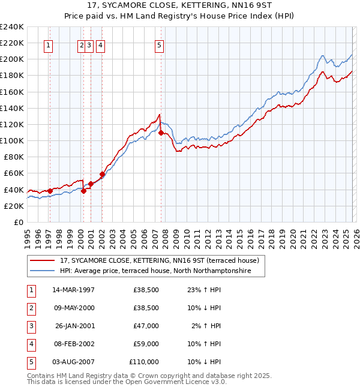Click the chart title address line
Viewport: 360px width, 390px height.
179,5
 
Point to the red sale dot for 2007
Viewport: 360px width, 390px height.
161,133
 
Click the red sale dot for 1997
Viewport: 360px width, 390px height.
50,191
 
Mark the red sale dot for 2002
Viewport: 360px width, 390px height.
102,175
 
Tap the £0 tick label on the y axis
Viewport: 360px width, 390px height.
17,222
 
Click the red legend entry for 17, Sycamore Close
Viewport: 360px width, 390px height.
159,260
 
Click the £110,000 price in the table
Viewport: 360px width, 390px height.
143,362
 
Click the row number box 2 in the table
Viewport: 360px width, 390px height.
31,308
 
